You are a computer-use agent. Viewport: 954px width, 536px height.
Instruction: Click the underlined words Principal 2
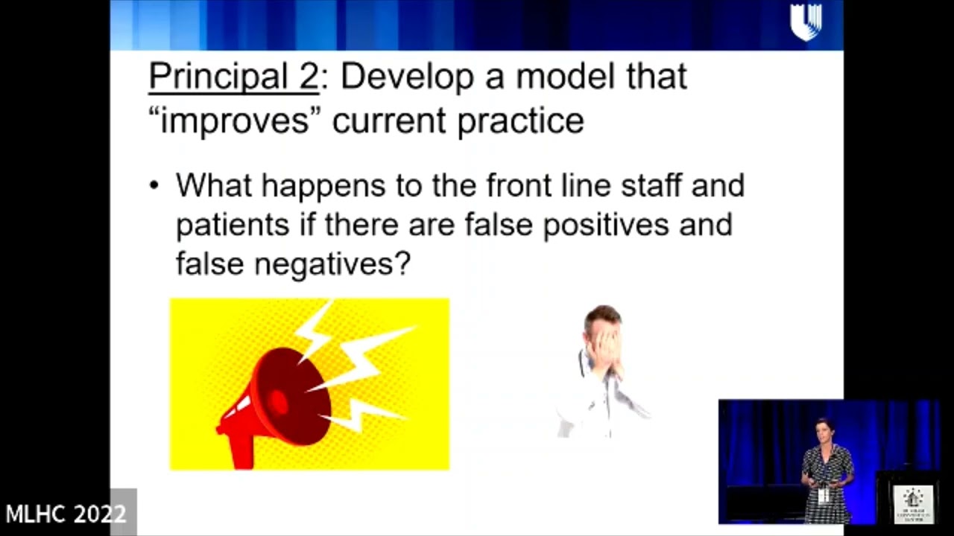[x=233, y=77]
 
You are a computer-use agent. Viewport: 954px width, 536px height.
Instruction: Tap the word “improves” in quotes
[x=234, y=121]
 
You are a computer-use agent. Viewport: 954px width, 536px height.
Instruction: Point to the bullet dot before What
[x=154, y=185]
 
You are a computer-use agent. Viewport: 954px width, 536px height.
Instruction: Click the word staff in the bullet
[x=650, y=185]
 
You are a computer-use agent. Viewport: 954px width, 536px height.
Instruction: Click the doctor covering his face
[x=601, y=372]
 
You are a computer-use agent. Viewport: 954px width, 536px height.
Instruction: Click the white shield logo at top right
[x=805, y=22]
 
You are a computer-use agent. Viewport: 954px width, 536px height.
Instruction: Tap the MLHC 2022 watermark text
[x=66, y=514]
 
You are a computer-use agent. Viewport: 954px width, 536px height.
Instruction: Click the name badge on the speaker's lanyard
[x=824, y=495]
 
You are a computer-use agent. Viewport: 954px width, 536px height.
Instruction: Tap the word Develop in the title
[x=408, y=77]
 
